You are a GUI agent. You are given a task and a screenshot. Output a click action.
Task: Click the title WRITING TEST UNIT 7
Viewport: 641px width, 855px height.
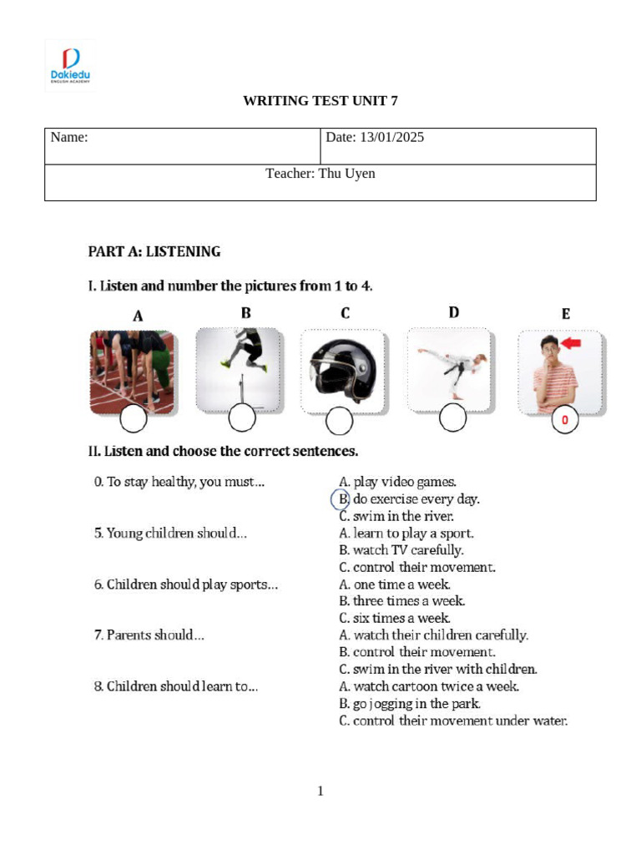(320, 101)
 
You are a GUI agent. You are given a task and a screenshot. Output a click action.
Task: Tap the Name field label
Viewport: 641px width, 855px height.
(69, 138)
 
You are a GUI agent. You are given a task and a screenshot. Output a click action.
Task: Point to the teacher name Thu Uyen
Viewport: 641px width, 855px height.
(320, 174)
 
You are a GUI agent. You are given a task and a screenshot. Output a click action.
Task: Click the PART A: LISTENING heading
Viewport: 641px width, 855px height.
(154, 251)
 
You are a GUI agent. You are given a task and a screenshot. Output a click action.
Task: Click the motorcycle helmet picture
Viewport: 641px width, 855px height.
(342, 369)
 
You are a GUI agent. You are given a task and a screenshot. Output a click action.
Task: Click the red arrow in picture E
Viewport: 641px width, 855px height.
(571, 343)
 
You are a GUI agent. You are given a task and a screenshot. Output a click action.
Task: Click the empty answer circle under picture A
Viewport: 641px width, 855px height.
(134, 420)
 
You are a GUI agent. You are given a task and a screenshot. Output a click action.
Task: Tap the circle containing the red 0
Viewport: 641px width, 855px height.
(565, 421)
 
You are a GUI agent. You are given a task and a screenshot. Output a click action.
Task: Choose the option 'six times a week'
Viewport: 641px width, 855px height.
(395, 619)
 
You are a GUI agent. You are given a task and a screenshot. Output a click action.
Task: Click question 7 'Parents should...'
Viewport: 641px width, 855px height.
(149, 635)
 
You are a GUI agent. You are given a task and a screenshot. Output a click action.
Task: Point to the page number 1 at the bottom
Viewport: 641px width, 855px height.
(320, 791)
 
